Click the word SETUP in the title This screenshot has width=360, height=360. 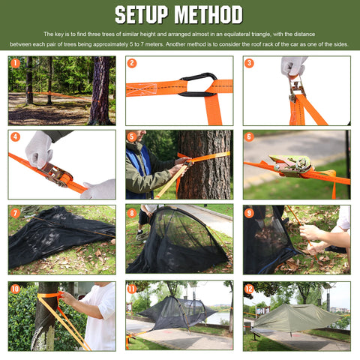pos(141,15)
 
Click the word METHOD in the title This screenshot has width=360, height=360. pos(208,15)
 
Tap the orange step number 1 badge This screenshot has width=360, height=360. pos(15,63)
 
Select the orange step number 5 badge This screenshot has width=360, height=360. pos(132,136)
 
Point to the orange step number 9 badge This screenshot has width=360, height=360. pos(249,213)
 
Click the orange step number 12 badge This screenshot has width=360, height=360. pos(249,289)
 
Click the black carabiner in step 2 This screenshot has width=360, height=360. pos(198,85)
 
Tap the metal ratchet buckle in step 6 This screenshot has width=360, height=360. pos(291,165)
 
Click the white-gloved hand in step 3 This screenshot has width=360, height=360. pos(293,66)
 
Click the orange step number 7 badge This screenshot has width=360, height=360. pos(15,213)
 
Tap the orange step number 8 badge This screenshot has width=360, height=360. pos(132,213)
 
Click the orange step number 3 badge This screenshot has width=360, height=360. pos(249,63)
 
